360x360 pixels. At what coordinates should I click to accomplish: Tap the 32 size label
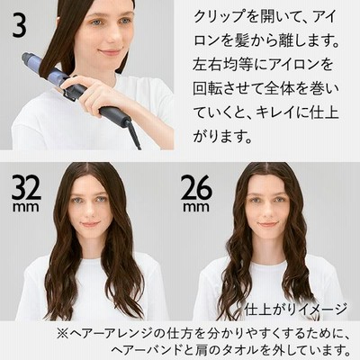(x=26, y=187)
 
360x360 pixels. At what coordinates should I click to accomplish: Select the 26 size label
(x=196, y=187)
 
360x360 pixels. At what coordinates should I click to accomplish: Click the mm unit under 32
(x=26, y=207)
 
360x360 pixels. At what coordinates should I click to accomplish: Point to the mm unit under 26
(x=196, y=207)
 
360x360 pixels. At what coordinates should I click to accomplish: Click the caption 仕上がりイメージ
(x=295, y=309)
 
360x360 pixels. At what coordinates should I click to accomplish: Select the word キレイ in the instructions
(x=276, y=112)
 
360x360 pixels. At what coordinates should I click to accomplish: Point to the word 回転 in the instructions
(x=208, y=89)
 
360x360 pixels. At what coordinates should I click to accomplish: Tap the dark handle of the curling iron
(x=115, y=115)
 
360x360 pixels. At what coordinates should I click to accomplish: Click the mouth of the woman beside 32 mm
(x=90, y=224)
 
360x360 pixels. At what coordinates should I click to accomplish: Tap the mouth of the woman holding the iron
(x=110, y=52)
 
